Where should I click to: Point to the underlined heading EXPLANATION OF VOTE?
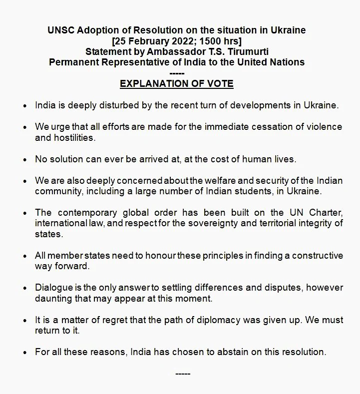tap(176, 83)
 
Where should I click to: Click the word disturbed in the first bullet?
tap(114, 105)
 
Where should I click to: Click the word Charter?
tap(327, 213)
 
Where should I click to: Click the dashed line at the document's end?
tap(183, 374)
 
